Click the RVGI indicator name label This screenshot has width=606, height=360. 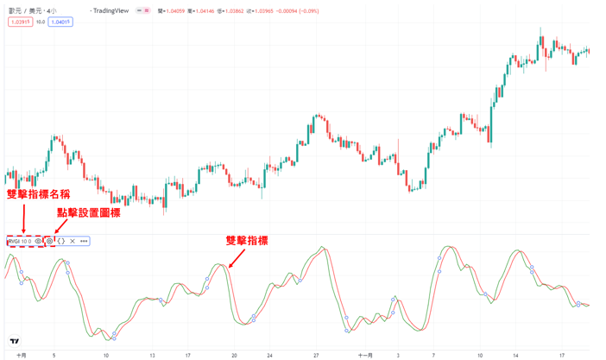click(x=15, y=241)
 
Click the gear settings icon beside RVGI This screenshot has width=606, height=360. click(x=50, y=241)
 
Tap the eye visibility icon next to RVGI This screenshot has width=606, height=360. click(x=38, y=241)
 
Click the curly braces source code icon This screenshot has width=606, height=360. click(x=61, y=241)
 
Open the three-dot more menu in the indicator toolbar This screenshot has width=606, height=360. click(x=84, y=241)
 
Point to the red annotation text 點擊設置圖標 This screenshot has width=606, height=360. click(x=88, y=212)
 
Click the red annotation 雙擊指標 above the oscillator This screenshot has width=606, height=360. click(x=246, y=241)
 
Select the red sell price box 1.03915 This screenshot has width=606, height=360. click(x=21, y=22)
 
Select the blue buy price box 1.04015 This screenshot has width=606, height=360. click(x=60, y=22)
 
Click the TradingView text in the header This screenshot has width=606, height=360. click(x=113, y=11)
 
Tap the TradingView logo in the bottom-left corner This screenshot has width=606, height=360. click(x=14, y=342)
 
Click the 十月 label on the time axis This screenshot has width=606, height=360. click(x=21, y=354)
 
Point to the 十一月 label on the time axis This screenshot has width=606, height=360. click(x=364, y=354)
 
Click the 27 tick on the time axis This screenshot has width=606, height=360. click(x=317, y=354)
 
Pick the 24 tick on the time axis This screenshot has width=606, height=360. click(x=269, y=354)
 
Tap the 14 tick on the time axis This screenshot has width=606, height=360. click(x=515, y=354)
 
